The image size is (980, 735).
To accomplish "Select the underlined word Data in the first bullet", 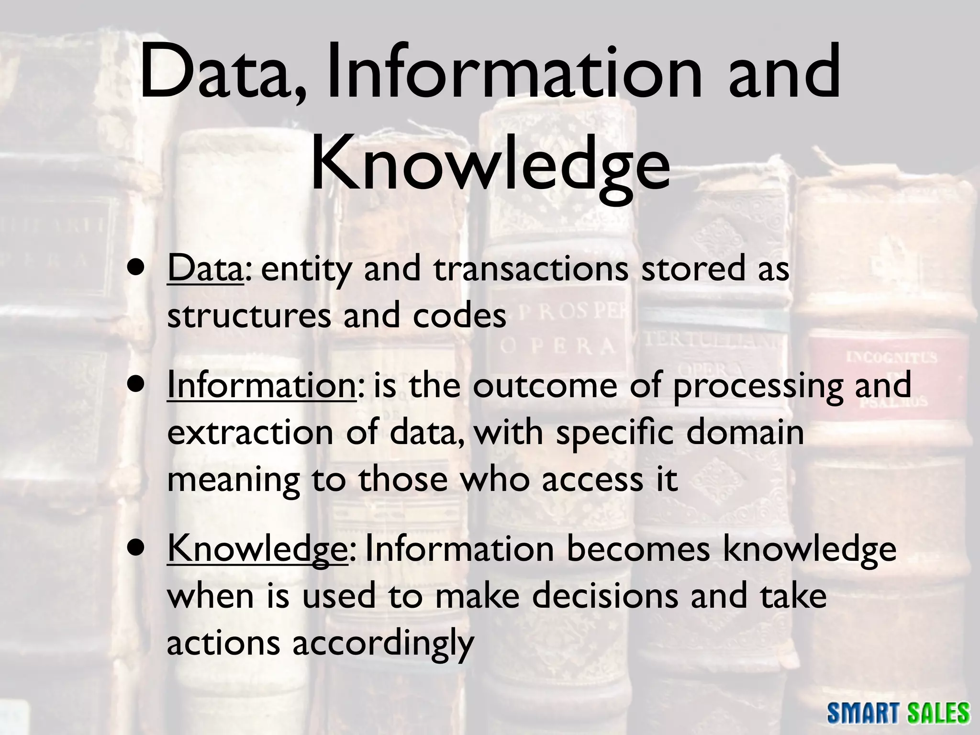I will tap(205, 269).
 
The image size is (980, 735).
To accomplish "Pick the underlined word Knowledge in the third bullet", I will tap(257, 549).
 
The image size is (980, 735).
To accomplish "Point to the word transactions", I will tap(531, 269).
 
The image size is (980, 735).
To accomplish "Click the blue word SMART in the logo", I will tap(867, 713).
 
